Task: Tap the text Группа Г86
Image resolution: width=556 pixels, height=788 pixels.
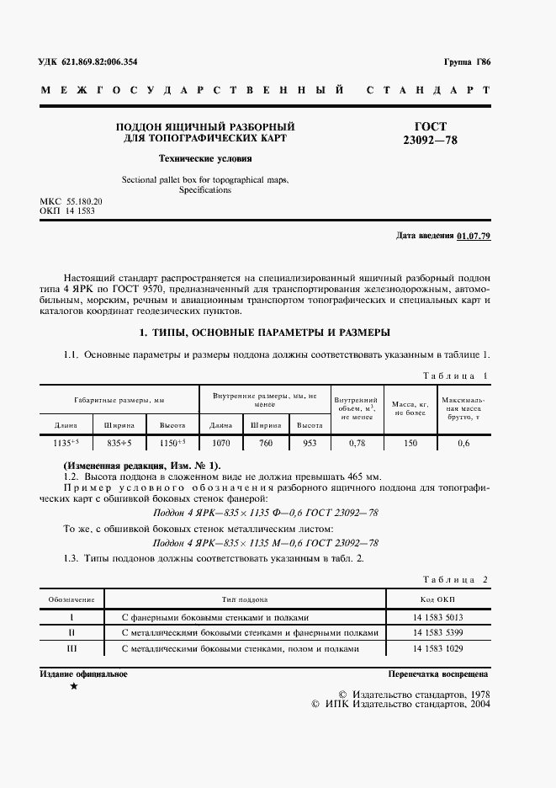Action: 466,63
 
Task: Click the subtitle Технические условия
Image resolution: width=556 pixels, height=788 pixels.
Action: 205,158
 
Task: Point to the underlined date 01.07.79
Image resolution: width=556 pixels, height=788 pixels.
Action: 474,235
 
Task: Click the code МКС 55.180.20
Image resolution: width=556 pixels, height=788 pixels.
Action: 71,202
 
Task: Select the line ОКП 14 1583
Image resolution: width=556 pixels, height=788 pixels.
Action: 67,211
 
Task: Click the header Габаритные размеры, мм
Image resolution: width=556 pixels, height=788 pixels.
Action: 119,401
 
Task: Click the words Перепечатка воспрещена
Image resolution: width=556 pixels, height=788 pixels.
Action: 437,675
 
